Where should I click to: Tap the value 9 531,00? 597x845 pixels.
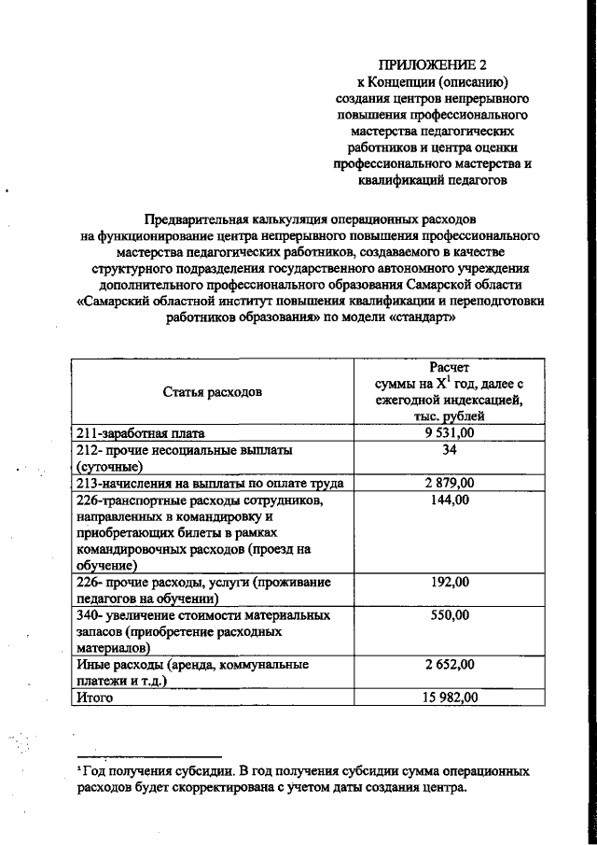click(x=450, y=433)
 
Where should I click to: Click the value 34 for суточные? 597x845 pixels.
click(x=451, y=450)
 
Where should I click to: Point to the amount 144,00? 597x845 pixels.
click(x=451, y=500)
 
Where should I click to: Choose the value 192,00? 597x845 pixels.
click(x=451, y=582)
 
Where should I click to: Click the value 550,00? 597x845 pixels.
click(x=451, y=616)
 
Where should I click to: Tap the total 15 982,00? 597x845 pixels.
click(x=448, y=697)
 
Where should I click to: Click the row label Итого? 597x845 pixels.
click(x=94, y=697)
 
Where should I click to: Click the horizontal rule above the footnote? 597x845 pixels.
click(x=149, y=756)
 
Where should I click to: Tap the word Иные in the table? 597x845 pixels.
click(x=94, y=665)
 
